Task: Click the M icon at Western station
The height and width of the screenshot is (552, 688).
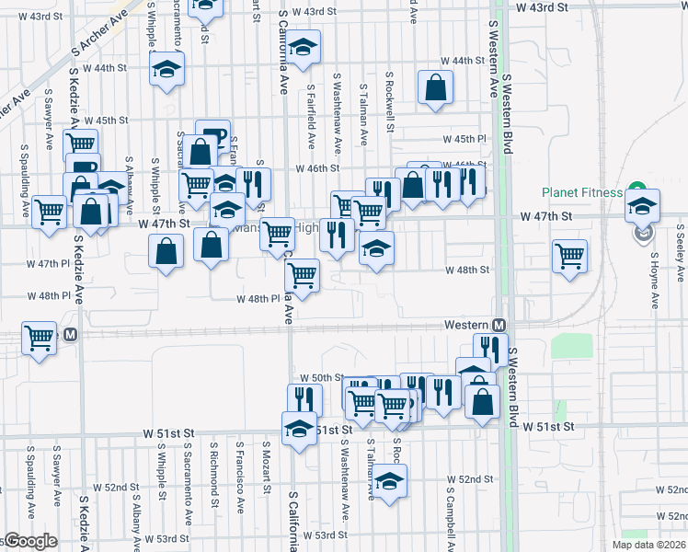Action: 499,326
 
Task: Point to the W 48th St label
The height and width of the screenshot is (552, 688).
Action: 467,270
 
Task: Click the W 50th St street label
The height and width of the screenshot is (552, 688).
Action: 321,378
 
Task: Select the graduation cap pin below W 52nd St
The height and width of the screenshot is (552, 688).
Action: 390,482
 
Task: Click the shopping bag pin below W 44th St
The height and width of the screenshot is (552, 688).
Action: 435,88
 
